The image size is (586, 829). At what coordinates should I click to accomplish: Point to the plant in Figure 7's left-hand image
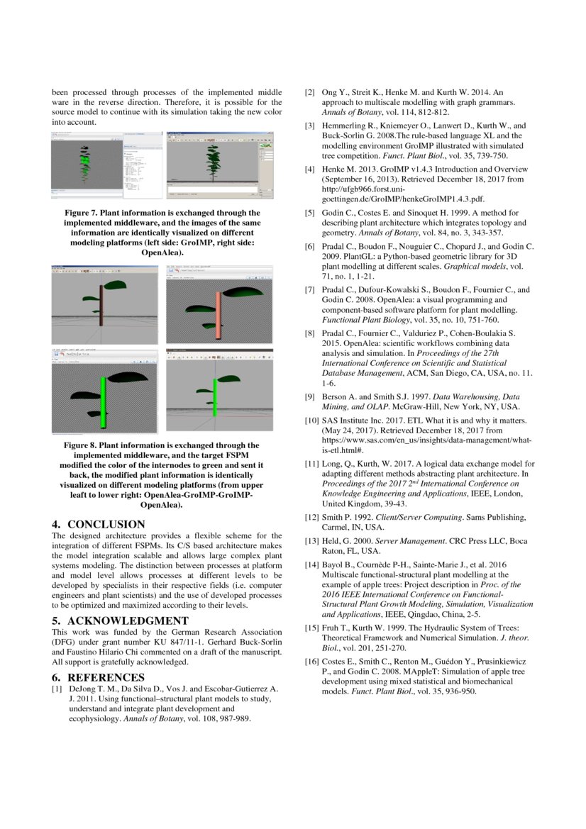[x=86, y=163]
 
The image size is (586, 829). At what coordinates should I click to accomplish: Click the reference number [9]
[x=311, y=397]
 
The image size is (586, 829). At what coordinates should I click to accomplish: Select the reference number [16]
[x=311, y=661]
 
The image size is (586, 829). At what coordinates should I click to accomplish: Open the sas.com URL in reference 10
[x=427, y=440]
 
